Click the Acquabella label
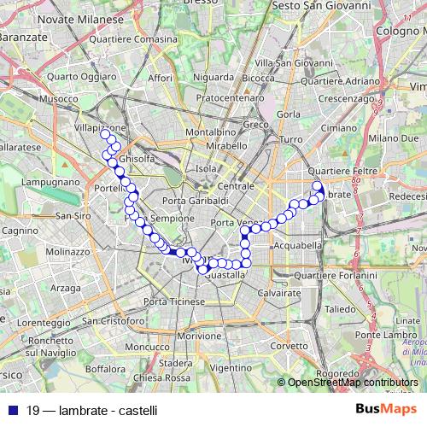point(299,245)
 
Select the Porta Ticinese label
point(174,302)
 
